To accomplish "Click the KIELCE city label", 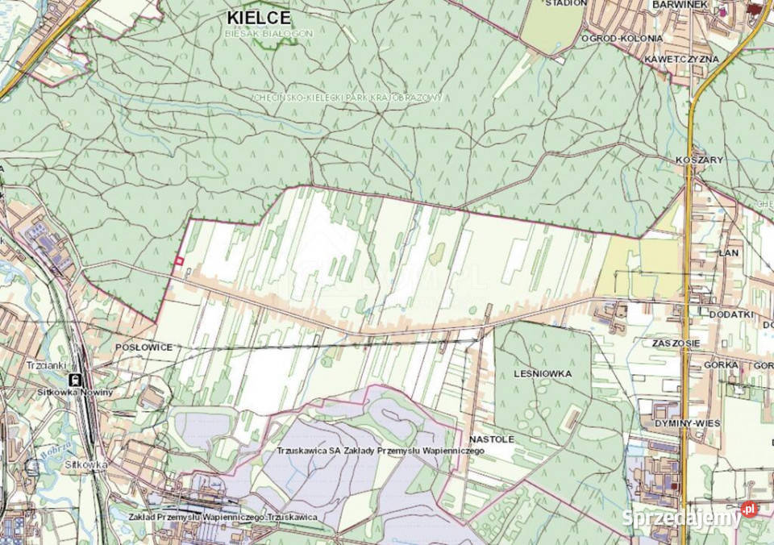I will pos(259,17).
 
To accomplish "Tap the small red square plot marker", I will pos(178,260).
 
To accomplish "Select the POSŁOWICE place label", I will pos(144,347).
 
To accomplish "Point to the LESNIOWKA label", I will pos(542,374).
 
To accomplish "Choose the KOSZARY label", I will pos(701,160).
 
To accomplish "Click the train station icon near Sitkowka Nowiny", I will pos(75,379).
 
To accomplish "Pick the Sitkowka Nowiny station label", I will pos(74,392).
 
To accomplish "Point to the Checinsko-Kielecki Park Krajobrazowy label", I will pos(347,97).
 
